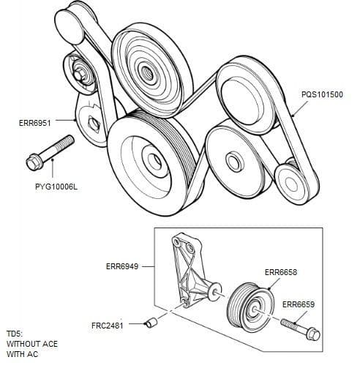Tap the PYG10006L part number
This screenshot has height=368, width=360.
[56, 187]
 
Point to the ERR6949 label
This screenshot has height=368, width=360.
[122, 266]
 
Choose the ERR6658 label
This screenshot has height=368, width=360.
[280, 272]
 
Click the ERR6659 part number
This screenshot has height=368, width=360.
[299, 304]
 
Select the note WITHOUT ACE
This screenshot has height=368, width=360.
[32, 344]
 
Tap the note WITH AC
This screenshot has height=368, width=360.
[21, 354]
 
